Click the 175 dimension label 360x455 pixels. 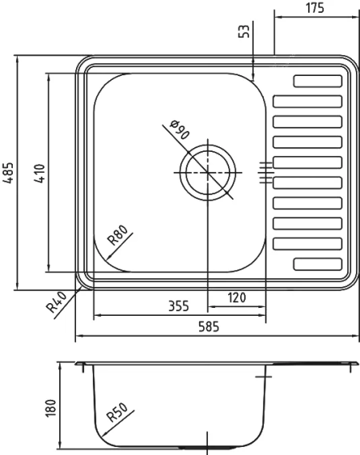(x=314, y=8)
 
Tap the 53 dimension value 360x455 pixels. (x=244, y=31)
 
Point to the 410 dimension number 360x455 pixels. (x=40, y=174)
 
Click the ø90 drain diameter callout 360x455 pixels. (x=180, y=130)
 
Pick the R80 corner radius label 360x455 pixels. (x=118, y=235)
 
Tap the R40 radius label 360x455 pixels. (x=56, y=302)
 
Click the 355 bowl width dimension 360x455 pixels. (x=178, y=306)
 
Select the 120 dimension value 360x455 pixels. (x=237, y=297)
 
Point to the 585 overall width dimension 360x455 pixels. (x=209, y=327)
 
